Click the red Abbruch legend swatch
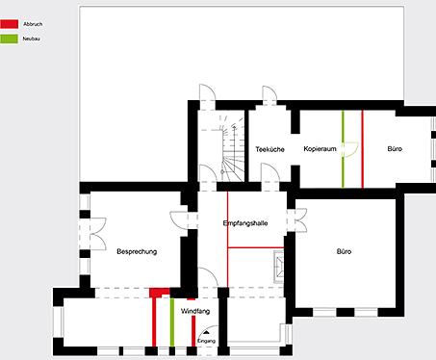point(9,24)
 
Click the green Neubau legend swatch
point(9,39)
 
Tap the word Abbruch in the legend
point(33,24)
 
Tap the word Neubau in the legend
point(32,39)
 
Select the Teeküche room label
point(269,149)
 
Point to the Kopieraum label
point(320,149)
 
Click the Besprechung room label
point(137,251)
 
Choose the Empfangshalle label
point(245,223)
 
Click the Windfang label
point(195,311)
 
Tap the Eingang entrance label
point(206,341)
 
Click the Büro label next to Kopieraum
point(395,149)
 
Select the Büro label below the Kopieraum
point(344,251)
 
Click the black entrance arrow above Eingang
point(206,333)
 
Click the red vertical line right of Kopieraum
point(363,149)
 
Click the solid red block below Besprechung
point(160,293)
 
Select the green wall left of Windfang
point(172,322)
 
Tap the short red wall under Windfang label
point(193,331)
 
